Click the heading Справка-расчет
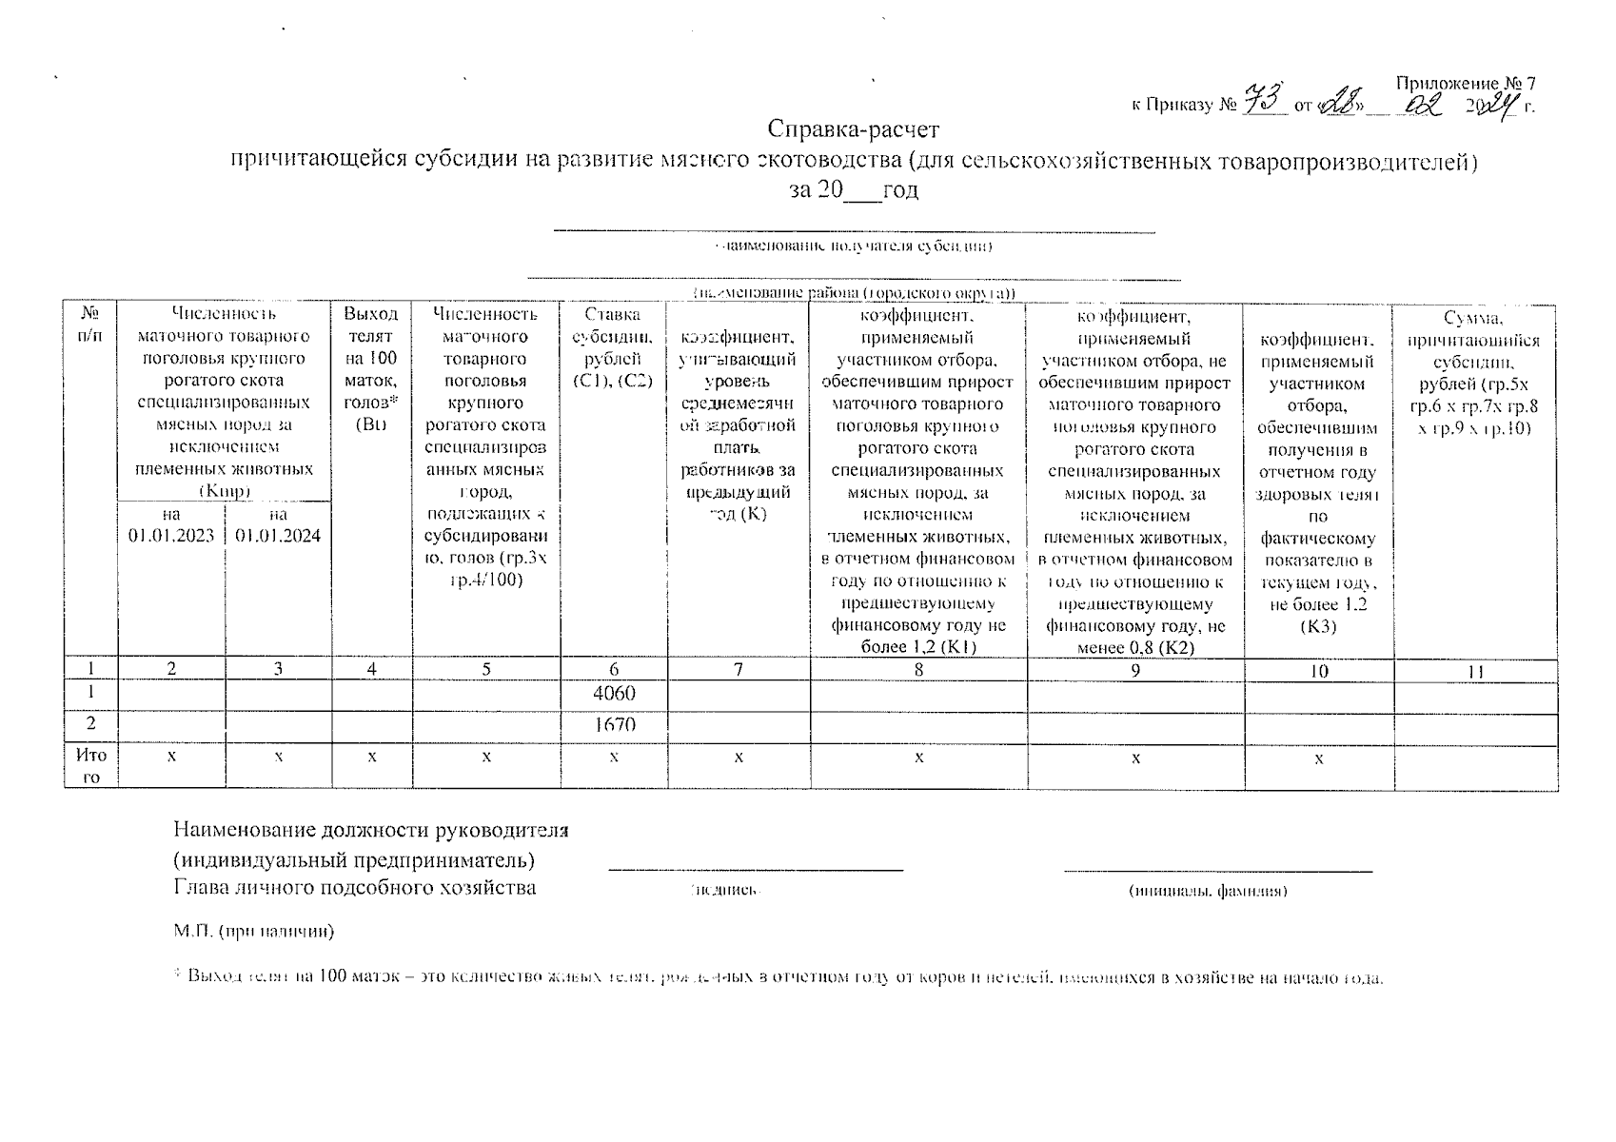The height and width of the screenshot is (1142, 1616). click(x=854, y=128)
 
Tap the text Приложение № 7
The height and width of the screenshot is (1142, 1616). click(x=1466, y=83)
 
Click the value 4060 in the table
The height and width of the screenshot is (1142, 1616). click(x=614, y=694)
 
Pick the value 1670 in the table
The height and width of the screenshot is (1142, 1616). click(x=614, y=724)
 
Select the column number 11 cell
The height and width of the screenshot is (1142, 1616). click(x=1475, y=671)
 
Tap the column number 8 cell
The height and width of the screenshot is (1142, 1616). click(x=918, y=670)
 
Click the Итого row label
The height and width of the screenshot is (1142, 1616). click(x=91, y=765)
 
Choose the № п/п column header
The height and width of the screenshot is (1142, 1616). click(x=91, y=325)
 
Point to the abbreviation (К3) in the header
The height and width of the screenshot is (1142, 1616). click(x=1318, y=626)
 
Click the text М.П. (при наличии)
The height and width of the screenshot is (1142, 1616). click(x=254, y=931)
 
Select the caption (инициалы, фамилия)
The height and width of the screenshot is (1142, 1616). click(x=1208, y=891)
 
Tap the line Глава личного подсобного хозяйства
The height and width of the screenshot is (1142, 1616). click(x=355, y=888)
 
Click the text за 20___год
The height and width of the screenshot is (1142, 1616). click(x=854, y=190)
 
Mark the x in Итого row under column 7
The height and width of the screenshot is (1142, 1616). click(x=739, y=758)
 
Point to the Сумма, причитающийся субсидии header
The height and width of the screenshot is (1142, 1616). click(x=1475, y=373)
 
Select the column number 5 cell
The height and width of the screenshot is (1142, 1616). click(x=486, y=670)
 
